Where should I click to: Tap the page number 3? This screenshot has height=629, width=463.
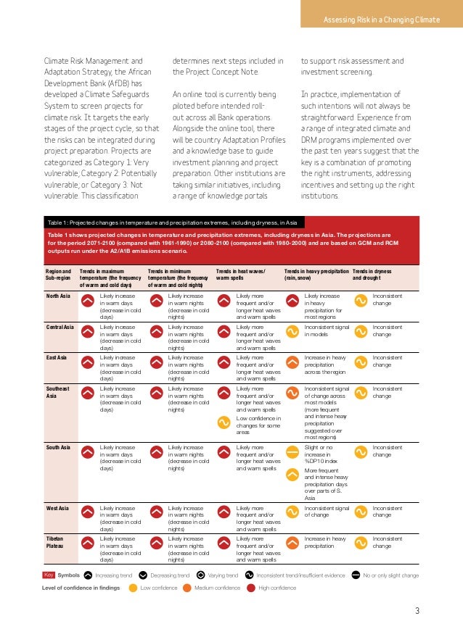click(417, 609)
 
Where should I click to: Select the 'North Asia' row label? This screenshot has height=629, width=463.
click(59, 296)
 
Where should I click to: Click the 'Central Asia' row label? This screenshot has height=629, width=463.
click(60, 328)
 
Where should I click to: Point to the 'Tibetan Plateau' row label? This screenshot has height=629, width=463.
click(56, 543)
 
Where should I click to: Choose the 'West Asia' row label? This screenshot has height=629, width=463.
click(57, 509)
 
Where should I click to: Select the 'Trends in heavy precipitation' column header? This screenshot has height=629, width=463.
click(316, 273)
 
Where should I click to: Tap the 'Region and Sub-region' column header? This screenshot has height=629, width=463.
click(58, 273)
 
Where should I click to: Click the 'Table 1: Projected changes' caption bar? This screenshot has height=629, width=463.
click(174, 223)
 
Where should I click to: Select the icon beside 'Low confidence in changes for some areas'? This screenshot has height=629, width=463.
click(224, 422)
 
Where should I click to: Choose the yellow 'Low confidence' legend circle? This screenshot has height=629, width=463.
click(132, 588)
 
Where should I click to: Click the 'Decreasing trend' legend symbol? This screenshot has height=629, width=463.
click(143, 575)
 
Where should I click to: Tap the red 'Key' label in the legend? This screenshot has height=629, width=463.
click(49, 575)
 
